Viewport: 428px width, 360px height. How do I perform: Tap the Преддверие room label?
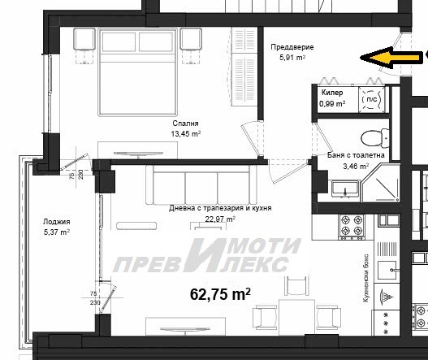pyautogui.click(x=292, y=47)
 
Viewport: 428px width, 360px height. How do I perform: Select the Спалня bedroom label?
pyautogui.click(x=185, y=124)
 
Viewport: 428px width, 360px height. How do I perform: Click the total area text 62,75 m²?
pyautogui.click(x=220, y=294)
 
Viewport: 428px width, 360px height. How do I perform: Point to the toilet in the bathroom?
pyautogui.click(x=375, y=138)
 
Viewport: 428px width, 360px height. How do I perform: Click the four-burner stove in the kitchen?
pyautogui.click(x=352, y=227)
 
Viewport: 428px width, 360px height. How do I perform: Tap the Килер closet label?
pyautogui.click(x=332, y=93)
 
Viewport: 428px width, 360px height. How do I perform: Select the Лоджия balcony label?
pyautogui.click(x=57, y=222)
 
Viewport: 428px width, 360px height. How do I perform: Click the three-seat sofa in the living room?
pyautogui.click(x=201, y=185)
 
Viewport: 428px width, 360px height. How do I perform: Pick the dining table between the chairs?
pyautogui.click(x=296, y=317)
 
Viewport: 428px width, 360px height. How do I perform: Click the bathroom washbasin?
pyautogui.click(x=345, y=189)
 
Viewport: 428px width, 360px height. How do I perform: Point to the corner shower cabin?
pyautogui.click(x=381, y=183)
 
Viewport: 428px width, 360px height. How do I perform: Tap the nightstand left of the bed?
pyautogui.click(x=84, y=39)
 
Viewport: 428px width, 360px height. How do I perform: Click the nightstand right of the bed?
pyautogui.click(x=191, y=39)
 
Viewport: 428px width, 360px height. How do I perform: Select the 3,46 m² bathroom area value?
pyautogui.click(x=356, y=166)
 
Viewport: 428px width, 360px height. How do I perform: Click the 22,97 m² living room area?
pyautogui.click(x=220, y=219)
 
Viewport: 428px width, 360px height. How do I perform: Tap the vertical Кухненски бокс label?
pyautogui.click(x=366, y=279)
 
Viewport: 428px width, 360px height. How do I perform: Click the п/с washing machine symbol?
pyautogui.click(x=371, y=99)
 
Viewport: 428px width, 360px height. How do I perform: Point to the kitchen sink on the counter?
pyautogui.click(x=387, y=270)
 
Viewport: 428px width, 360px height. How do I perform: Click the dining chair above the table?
pyautogui.click(x=296, y=286)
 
